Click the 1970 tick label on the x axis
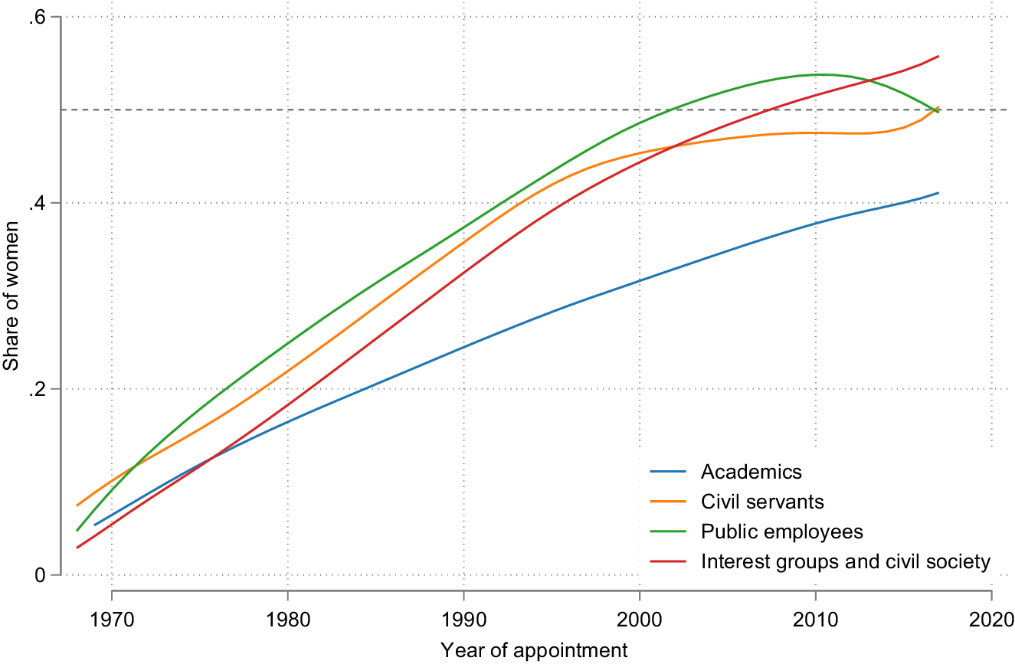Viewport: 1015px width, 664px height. [x=112, y=619]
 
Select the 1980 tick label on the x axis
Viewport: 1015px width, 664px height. [x=287, y=619]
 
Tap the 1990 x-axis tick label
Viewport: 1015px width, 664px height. [x=463, y=619]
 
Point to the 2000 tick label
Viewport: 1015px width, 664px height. [x=640, y=619]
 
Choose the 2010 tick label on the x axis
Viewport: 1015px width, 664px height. [x=815, y=619]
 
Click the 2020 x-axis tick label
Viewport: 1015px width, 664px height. [x=991, y=619]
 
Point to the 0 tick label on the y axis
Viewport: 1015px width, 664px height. [x=43, y=575]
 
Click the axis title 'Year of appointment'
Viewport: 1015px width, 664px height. [x=534, y=651]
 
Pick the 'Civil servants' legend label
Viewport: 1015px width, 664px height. [x=762, y=502]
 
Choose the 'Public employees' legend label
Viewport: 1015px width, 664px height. [x=781, y=532]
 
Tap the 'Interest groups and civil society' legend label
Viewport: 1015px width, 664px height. [x=846, y=562]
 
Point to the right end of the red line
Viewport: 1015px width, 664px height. [x=938, y=56]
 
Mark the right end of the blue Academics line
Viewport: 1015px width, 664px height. [x=938, y=193]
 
